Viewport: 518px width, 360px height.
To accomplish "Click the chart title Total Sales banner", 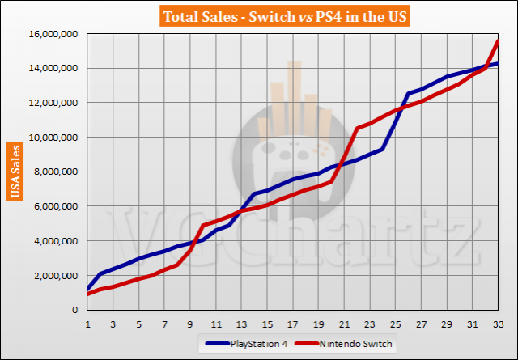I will (258, 15).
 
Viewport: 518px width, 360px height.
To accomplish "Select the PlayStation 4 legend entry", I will (259, 344).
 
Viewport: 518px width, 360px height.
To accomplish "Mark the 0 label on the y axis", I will (76, 310).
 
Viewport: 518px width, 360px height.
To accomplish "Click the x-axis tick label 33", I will (498, 322).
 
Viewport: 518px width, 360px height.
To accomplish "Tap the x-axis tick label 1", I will (87, 322).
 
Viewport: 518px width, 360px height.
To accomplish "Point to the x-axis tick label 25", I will (395, 322).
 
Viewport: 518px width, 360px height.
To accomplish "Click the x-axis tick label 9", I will (189, 322).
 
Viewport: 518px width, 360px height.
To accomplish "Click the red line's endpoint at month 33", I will (498, 41).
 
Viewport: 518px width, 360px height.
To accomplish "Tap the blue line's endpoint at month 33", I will (498, 64).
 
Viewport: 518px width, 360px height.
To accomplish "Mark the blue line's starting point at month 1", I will (87, 289).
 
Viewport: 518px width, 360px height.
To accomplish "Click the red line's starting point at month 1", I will (87, 294).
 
